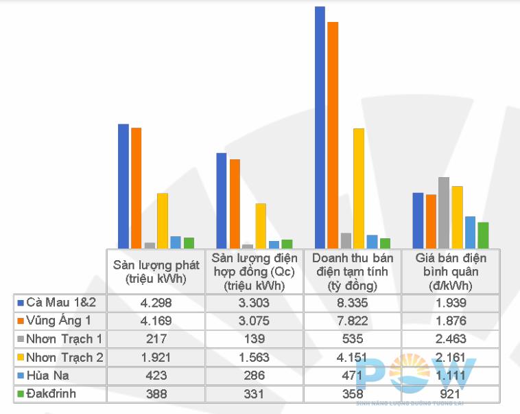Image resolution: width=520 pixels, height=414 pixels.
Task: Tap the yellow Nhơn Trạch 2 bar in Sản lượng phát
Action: [x=163, y=220]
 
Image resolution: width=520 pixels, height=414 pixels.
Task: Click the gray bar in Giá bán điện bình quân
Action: [x=444, y=212]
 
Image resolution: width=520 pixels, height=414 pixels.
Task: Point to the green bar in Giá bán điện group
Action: [x=483, y=235]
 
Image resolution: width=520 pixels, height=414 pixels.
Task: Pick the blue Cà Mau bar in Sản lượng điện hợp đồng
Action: [x=222, y=200]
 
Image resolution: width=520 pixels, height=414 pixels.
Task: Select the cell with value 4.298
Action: [x=156, y=302]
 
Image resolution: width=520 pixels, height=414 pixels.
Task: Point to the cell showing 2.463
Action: [x=450, y=338]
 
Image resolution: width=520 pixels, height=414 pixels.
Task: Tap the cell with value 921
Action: [x=450, y=395]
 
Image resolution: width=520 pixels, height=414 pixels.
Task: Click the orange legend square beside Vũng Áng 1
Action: [x=21, y=321]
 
